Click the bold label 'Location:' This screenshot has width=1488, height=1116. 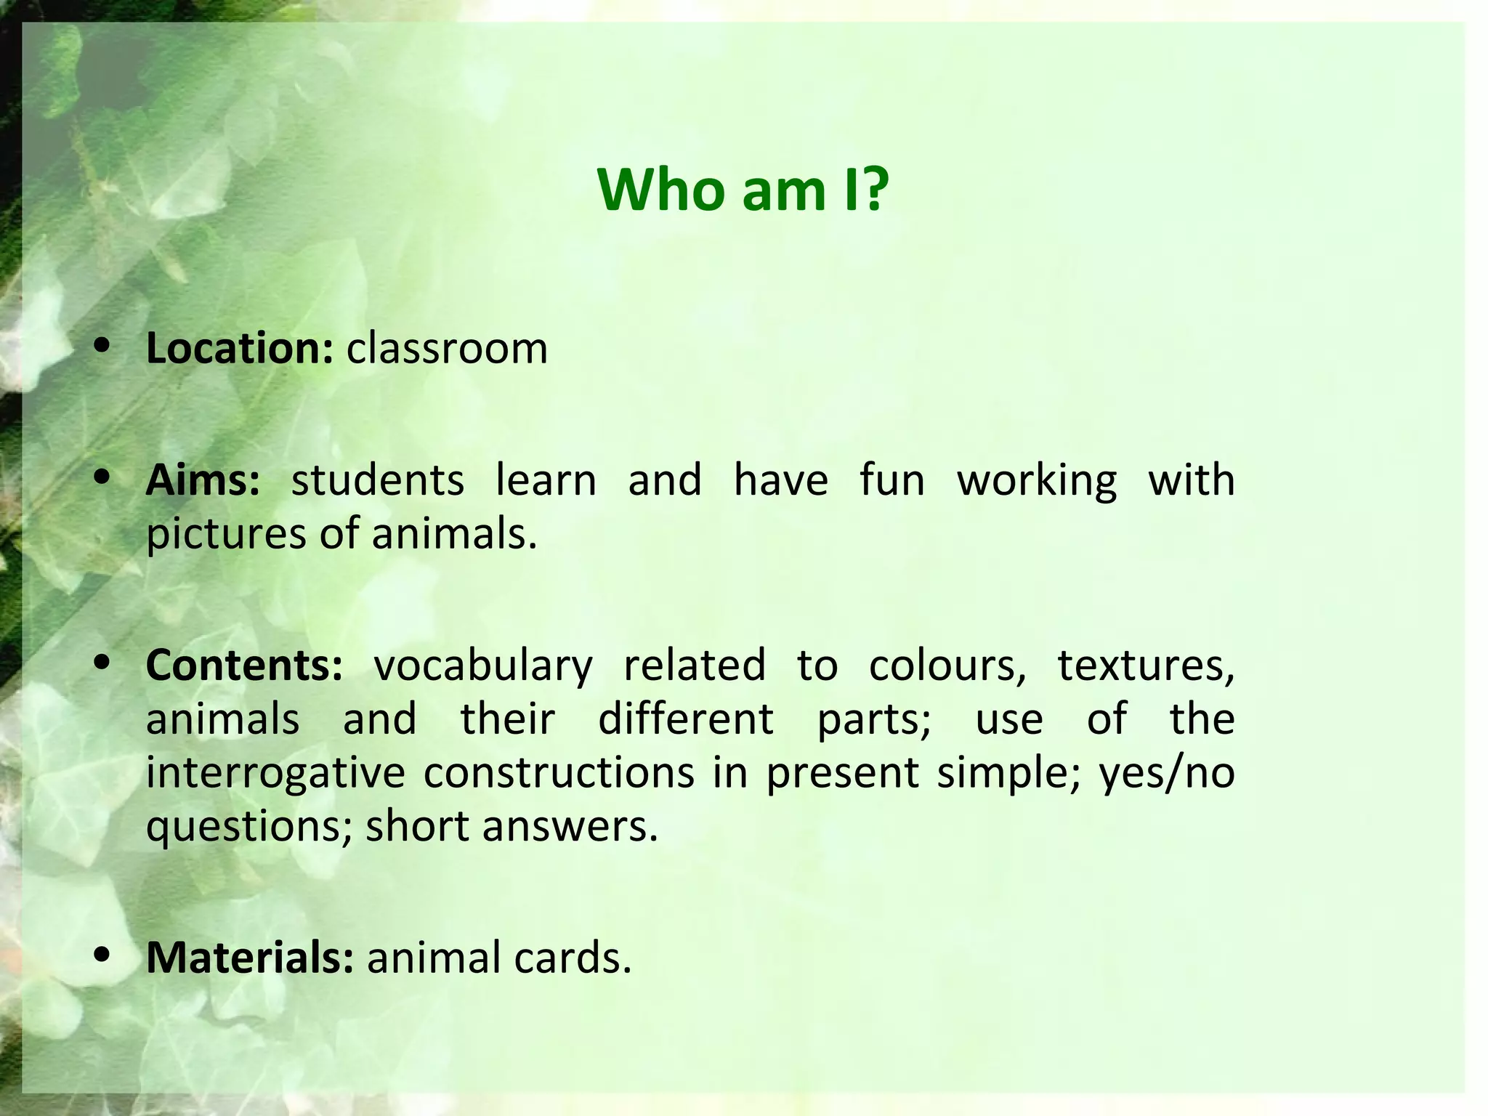point(240,349)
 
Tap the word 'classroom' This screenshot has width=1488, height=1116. point(447,349)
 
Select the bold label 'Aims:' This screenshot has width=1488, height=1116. point(202,481)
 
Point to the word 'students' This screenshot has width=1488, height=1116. point(377,481)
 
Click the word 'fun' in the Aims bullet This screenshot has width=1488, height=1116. point(892,481)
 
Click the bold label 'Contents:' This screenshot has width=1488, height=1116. point(244,665)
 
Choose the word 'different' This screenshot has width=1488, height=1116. point(686,719)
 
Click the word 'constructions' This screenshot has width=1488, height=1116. point(559,772)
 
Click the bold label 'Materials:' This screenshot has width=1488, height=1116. point(250,958)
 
